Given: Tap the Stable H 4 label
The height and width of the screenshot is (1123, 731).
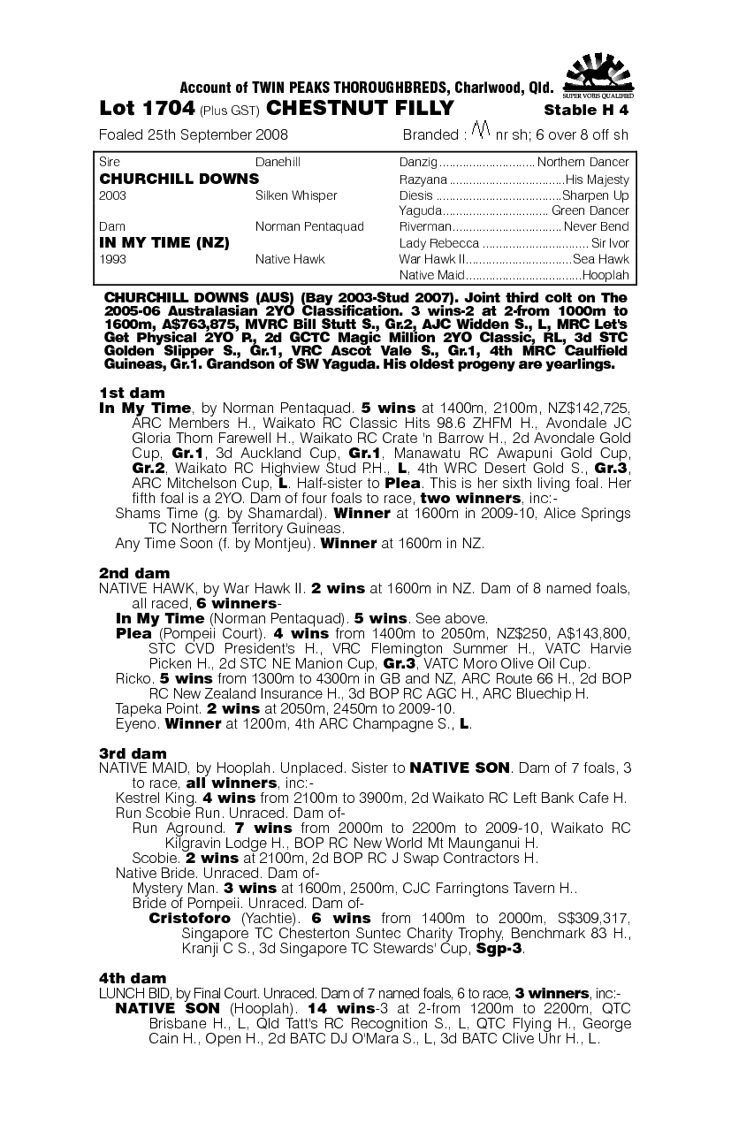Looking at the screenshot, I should pyautogui.click(x=586, y=111).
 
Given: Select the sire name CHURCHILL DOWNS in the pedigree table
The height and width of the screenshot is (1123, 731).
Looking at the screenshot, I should pyautogui.click(x=179, y=179).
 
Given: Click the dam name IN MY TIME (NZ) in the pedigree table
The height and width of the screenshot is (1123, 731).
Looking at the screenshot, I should pyautogui.click(x=164, y=243).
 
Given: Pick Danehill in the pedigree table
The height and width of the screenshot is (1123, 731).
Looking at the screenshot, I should pyautogui.click(x=278, y=163).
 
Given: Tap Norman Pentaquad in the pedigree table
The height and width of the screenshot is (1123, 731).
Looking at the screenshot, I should pyautogui.click(x=308, y=227).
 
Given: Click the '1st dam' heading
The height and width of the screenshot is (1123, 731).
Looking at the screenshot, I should pyautogui.click(x=132, y=393).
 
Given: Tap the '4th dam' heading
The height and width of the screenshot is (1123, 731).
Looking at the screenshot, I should pyautogui.click(x=133, y=978).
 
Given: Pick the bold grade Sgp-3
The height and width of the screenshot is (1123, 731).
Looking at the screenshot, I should pyautogui.click(x=499, y=949).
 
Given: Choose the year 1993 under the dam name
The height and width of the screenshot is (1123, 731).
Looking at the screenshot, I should pyautogui.click(x=113, y=259).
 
